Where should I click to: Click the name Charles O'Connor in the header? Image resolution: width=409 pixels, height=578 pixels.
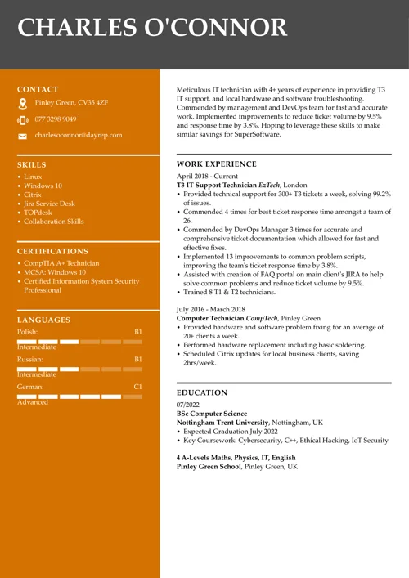coord(152,28)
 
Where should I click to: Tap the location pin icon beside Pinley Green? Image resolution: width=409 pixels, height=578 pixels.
coord(23,103)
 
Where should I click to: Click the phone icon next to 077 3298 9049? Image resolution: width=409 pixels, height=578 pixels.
coord(22,119)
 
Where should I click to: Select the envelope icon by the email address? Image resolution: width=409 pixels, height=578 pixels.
coord(22,136)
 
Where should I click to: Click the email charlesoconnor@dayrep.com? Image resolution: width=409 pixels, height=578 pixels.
coord(79,135)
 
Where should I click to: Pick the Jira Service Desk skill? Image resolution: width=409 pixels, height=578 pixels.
coord(49,204)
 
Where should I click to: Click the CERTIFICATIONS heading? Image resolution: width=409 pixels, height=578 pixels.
coord(52,251)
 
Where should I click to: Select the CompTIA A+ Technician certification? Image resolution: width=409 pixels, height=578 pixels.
coord(61,263)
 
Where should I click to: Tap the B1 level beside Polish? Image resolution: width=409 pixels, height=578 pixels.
coord(137,333)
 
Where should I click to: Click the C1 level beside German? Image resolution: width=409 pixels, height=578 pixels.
coord(137,385)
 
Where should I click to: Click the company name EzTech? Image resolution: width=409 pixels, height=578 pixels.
coord(269,186)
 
